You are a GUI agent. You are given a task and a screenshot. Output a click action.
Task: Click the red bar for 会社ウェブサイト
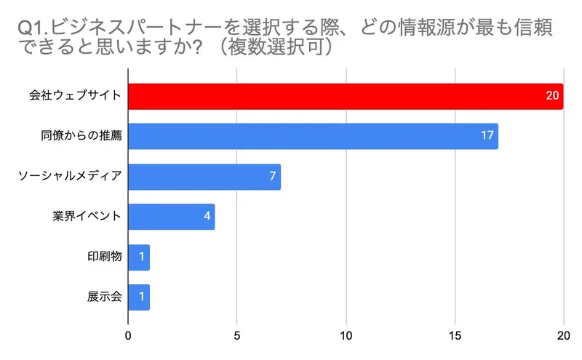pos(346,96)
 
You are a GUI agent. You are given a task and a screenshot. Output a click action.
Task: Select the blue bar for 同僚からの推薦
pos(313,136)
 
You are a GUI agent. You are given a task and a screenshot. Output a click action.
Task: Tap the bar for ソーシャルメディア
pos(204,177)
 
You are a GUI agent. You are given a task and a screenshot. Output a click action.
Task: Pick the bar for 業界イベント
pos(172,217)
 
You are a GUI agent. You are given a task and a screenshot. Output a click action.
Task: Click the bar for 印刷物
pos(139,257)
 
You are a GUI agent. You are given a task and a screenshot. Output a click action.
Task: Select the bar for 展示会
pos(139,297)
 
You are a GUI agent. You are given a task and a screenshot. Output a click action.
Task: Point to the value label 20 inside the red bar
pos(552,96)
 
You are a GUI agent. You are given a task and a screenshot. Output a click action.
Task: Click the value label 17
pos(487,136)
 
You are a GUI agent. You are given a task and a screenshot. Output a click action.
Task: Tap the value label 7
pos(272,177)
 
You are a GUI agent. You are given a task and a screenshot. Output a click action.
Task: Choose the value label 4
pos(207,217)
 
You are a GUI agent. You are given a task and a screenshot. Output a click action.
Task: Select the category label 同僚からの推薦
pos(81,136)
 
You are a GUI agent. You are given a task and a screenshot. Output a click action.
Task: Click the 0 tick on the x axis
pos(128,336)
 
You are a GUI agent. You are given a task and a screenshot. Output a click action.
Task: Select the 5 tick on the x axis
pos(237,336)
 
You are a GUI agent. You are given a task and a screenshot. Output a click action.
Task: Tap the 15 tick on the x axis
pos(455,336)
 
